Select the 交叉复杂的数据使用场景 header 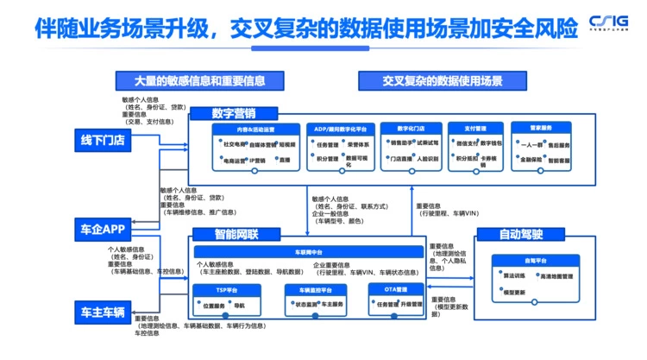tap(442, 81)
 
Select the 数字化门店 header tap(411, 129)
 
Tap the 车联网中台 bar tap(308, 251)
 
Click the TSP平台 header tap(227, 290)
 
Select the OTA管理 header tap(397, 290)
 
